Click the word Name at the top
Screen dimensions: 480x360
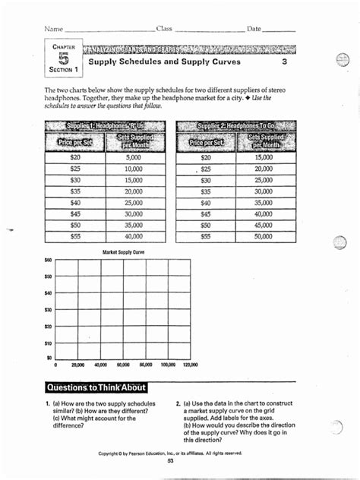pos(53,29)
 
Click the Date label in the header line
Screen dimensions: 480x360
pos(254,29)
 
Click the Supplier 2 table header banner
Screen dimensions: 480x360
pos(230,126)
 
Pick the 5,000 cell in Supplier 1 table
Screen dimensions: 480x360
pos(134,157)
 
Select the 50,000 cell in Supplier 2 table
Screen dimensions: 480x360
pos(263,237)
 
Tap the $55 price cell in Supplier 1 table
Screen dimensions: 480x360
pos(74,237)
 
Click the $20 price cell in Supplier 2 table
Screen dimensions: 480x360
pos(207,157)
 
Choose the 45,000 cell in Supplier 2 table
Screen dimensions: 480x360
pos(263,226)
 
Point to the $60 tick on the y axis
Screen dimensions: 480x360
pos(48,260)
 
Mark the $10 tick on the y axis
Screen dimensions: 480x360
pos(48,343)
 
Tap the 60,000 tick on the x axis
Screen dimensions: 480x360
pos(123,365)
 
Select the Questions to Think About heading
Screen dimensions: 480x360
pos(96,387)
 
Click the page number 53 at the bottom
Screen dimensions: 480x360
pos(171,460)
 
